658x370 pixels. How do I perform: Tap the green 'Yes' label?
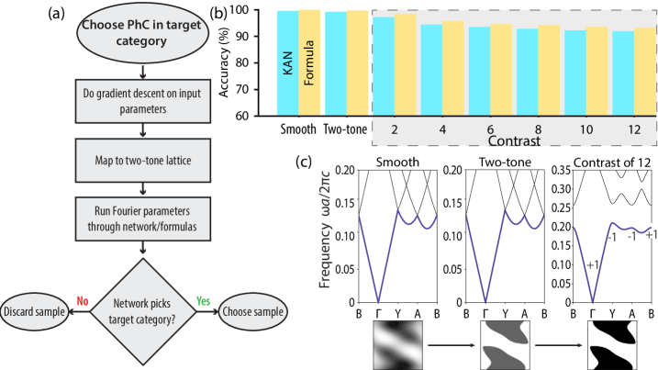[x=204, y=300]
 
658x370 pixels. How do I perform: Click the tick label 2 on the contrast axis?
[x=394, y=130]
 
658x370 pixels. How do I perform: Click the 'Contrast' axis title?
[x=514, y=142]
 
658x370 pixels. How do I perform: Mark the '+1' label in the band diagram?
[x=594, y=266]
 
